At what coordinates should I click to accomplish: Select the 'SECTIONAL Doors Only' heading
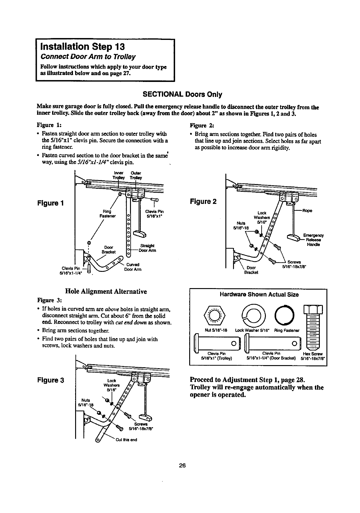pos(180,94)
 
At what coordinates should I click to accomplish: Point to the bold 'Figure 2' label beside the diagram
pos(203,201)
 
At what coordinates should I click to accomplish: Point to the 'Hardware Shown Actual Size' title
pos(259,295)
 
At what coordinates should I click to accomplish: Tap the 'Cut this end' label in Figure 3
pos(126,439)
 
